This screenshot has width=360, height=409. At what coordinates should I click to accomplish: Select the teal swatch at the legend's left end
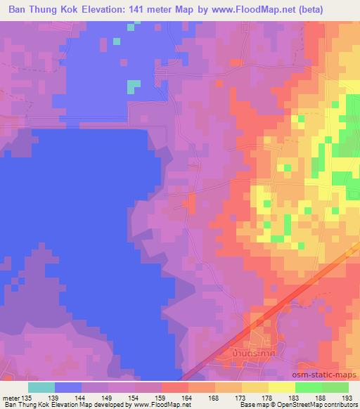click(x=41, y=387)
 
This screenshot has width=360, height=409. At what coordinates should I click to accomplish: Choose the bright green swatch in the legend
click(x=309, y=387)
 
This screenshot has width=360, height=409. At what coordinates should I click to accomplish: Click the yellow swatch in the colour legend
click(x=282, y=387)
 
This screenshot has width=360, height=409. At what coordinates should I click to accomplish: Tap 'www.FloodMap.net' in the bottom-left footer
click(x=151, y=405)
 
